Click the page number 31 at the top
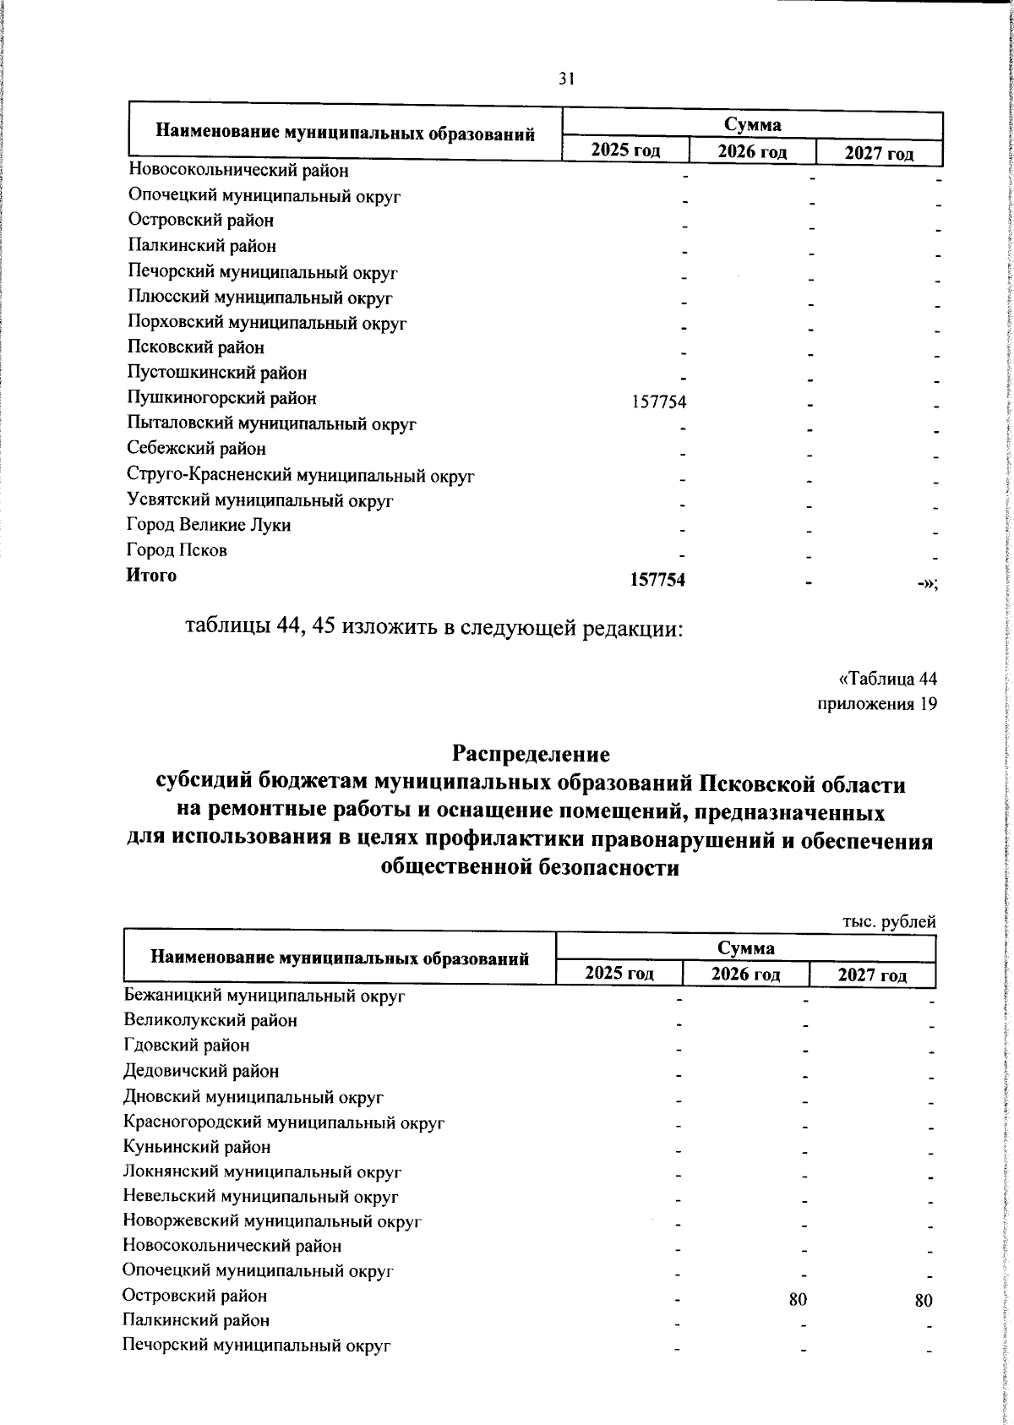coord(566,79)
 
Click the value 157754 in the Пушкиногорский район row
coord(659,402)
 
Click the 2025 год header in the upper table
coord(625,150)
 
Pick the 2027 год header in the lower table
coord(872,975)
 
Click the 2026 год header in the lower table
coord(745,974)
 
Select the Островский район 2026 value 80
coord(798,1300)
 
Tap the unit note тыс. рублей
coord(889,922)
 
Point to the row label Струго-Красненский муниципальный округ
coord(301,476)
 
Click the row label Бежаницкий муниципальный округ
coord(264,996)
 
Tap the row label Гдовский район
coord(187,1046)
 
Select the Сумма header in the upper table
coord(752,125)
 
